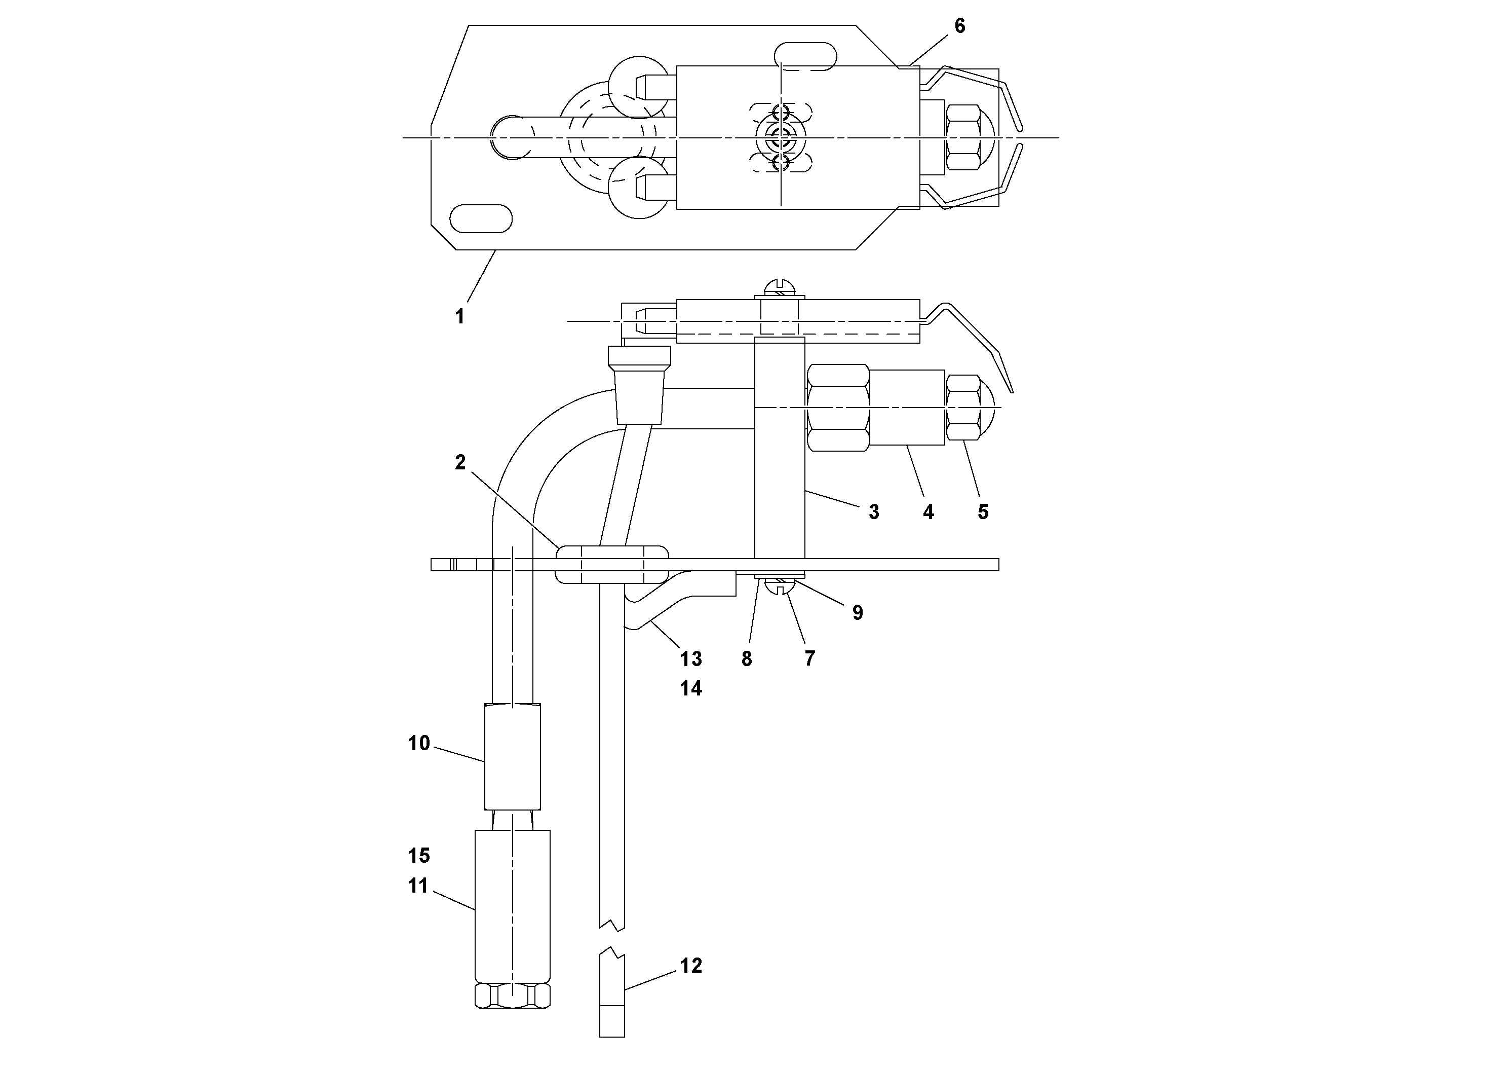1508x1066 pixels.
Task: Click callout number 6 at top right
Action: coord(959,26)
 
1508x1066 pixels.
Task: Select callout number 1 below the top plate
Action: coord(460,316)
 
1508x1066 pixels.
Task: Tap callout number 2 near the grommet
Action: coord(460,463)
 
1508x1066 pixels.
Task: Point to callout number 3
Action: coord(873,512)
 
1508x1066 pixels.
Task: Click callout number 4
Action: coord(928,512)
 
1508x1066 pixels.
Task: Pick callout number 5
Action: coord(983,512)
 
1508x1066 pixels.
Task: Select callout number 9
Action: coord(857,612)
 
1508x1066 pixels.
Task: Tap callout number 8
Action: coord(747,659)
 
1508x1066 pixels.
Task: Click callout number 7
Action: coord(810,659)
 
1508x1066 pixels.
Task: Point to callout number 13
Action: coord(691,658)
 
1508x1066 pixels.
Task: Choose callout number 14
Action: coord(691,689)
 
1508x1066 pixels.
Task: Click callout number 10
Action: coord(418,743)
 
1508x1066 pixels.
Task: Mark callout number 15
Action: coord(418,856)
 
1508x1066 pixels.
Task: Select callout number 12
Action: coord(691,966)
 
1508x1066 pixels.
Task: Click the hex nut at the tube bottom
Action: coord(512,996)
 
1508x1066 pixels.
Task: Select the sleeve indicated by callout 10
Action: coord(512,756)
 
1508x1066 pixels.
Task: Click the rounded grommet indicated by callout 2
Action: coord(611,564)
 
